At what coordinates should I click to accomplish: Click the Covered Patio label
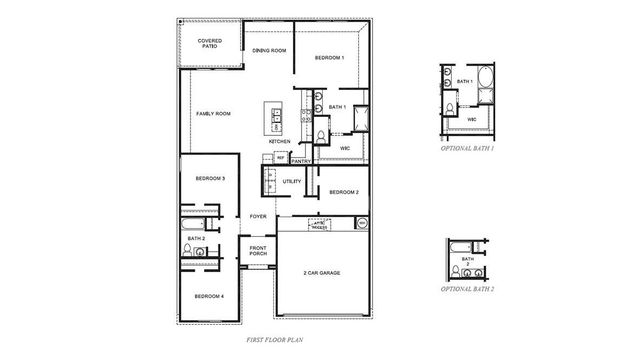209,43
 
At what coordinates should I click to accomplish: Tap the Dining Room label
269,50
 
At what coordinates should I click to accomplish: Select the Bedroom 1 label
329,58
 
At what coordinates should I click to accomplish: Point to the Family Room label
213,114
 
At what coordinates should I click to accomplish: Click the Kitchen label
280,142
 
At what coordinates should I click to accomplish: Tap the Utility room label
292,181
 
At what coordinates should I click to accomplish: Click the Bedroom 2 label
344,192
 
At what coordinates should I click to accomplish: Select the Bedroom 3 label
210,179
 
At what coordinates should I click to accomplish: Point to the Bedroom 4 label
209,296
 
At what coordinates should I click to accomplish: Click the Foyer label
258,216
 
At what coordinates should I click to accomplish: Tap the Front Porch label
258,251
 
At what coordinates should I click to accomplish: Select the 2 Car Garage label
324,273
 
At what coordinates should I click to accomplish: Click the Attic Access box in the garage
319,224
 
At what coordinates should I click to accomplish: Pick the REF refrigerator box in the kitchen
280,158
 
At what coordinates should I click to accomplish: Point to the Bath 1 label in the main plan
337,107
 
